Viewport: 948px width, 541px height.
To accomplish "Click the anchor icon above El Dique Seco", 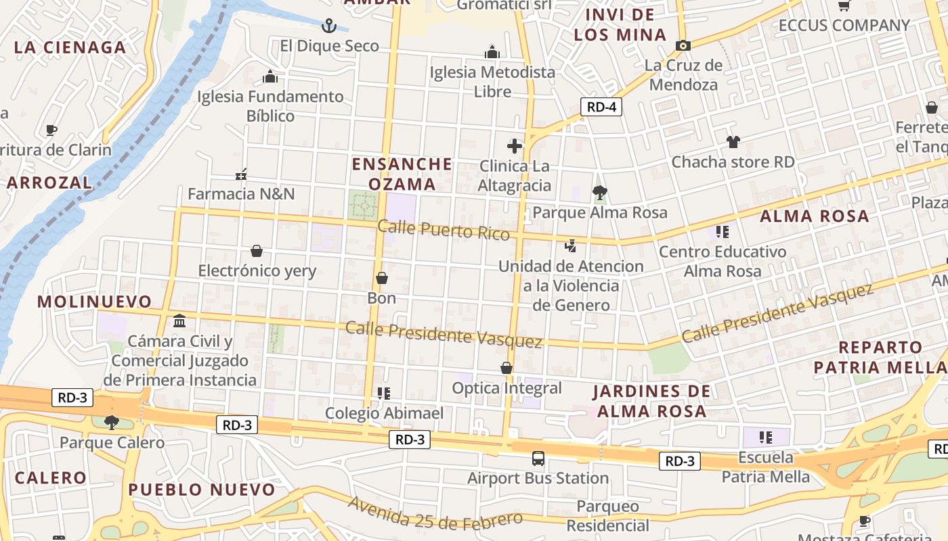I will [x=328, y=26].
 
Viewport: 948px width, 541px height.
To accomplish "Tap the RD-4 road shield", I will [x=601, y=107].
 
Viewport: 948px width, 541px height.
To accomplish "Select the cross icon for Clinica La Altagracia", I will [x=515, y=145].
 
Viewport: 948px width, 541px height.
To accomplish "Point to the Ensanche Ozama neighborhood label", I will [x=402, y=174].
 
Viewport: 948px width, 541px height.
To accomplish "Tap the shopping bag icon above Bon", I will [x=382, y=278].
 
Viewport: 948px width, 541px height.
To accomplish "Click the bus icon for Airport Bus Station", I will [x=538, y=458].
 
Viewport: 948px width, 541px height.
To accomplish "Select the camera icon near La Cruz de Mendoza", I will [x=683, y=45].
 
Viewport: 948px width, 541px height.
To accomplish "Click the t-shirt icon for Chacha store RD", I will [x=733, y=142].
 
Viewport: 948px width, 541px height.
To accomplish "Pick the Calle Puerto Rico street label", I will [x=444, y=230].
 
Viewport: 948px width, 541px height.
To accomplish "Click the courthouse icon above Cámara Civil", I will [x=179, y=321].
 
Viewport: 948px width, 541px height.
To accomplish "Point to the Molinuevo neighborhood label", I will [x=95, y=302].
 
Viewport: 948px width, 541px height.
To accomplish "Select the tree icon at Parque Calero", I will [x=112, y=423].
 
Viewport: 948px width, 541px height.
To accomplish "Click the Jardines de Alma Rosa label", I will [x=652, y=401].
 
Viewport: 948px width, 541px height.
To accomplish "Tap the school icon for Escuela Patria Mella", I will [x=766, y=438].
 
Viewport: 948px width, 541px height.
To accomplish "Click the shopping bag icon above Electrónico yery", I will [x=257, y=251].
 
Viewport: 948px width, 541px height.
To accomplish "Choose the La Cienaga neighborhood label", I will [x=70, y=47].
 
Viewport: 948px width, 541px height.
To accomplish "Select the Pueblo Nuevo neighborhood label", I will [x=202, y=490].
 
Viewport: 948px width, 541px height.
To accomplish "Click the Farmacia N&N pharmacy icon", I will [x=241, y=174].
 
